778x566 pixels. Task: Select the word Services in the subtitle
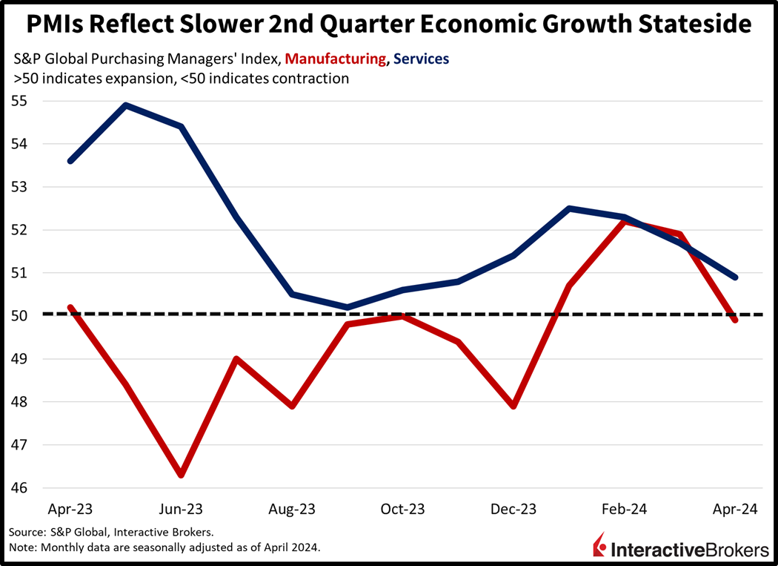click(x=422, y=58)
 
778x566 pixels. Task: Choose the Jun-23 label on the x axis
click(x=181, y=510)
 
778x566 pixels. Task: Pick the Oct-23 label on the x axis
click(x=402, y=510)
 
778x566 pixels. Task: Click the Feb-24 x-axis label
click(x=625, y=510)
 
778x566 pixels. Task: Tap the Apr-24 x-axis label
click(x=734, y=510)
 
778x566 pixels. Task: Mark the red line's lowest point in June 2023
click(x=181, y=475)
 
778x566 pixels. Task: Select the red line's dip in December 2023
click(x=513, y=407)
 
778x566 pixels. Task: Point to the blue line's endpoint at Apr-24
click(x=734, y=277)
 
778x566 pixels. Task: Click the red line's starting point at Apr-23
click(x=70, y=307)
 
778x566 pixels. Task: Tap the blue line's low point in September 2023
click(x=347, y=307)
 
